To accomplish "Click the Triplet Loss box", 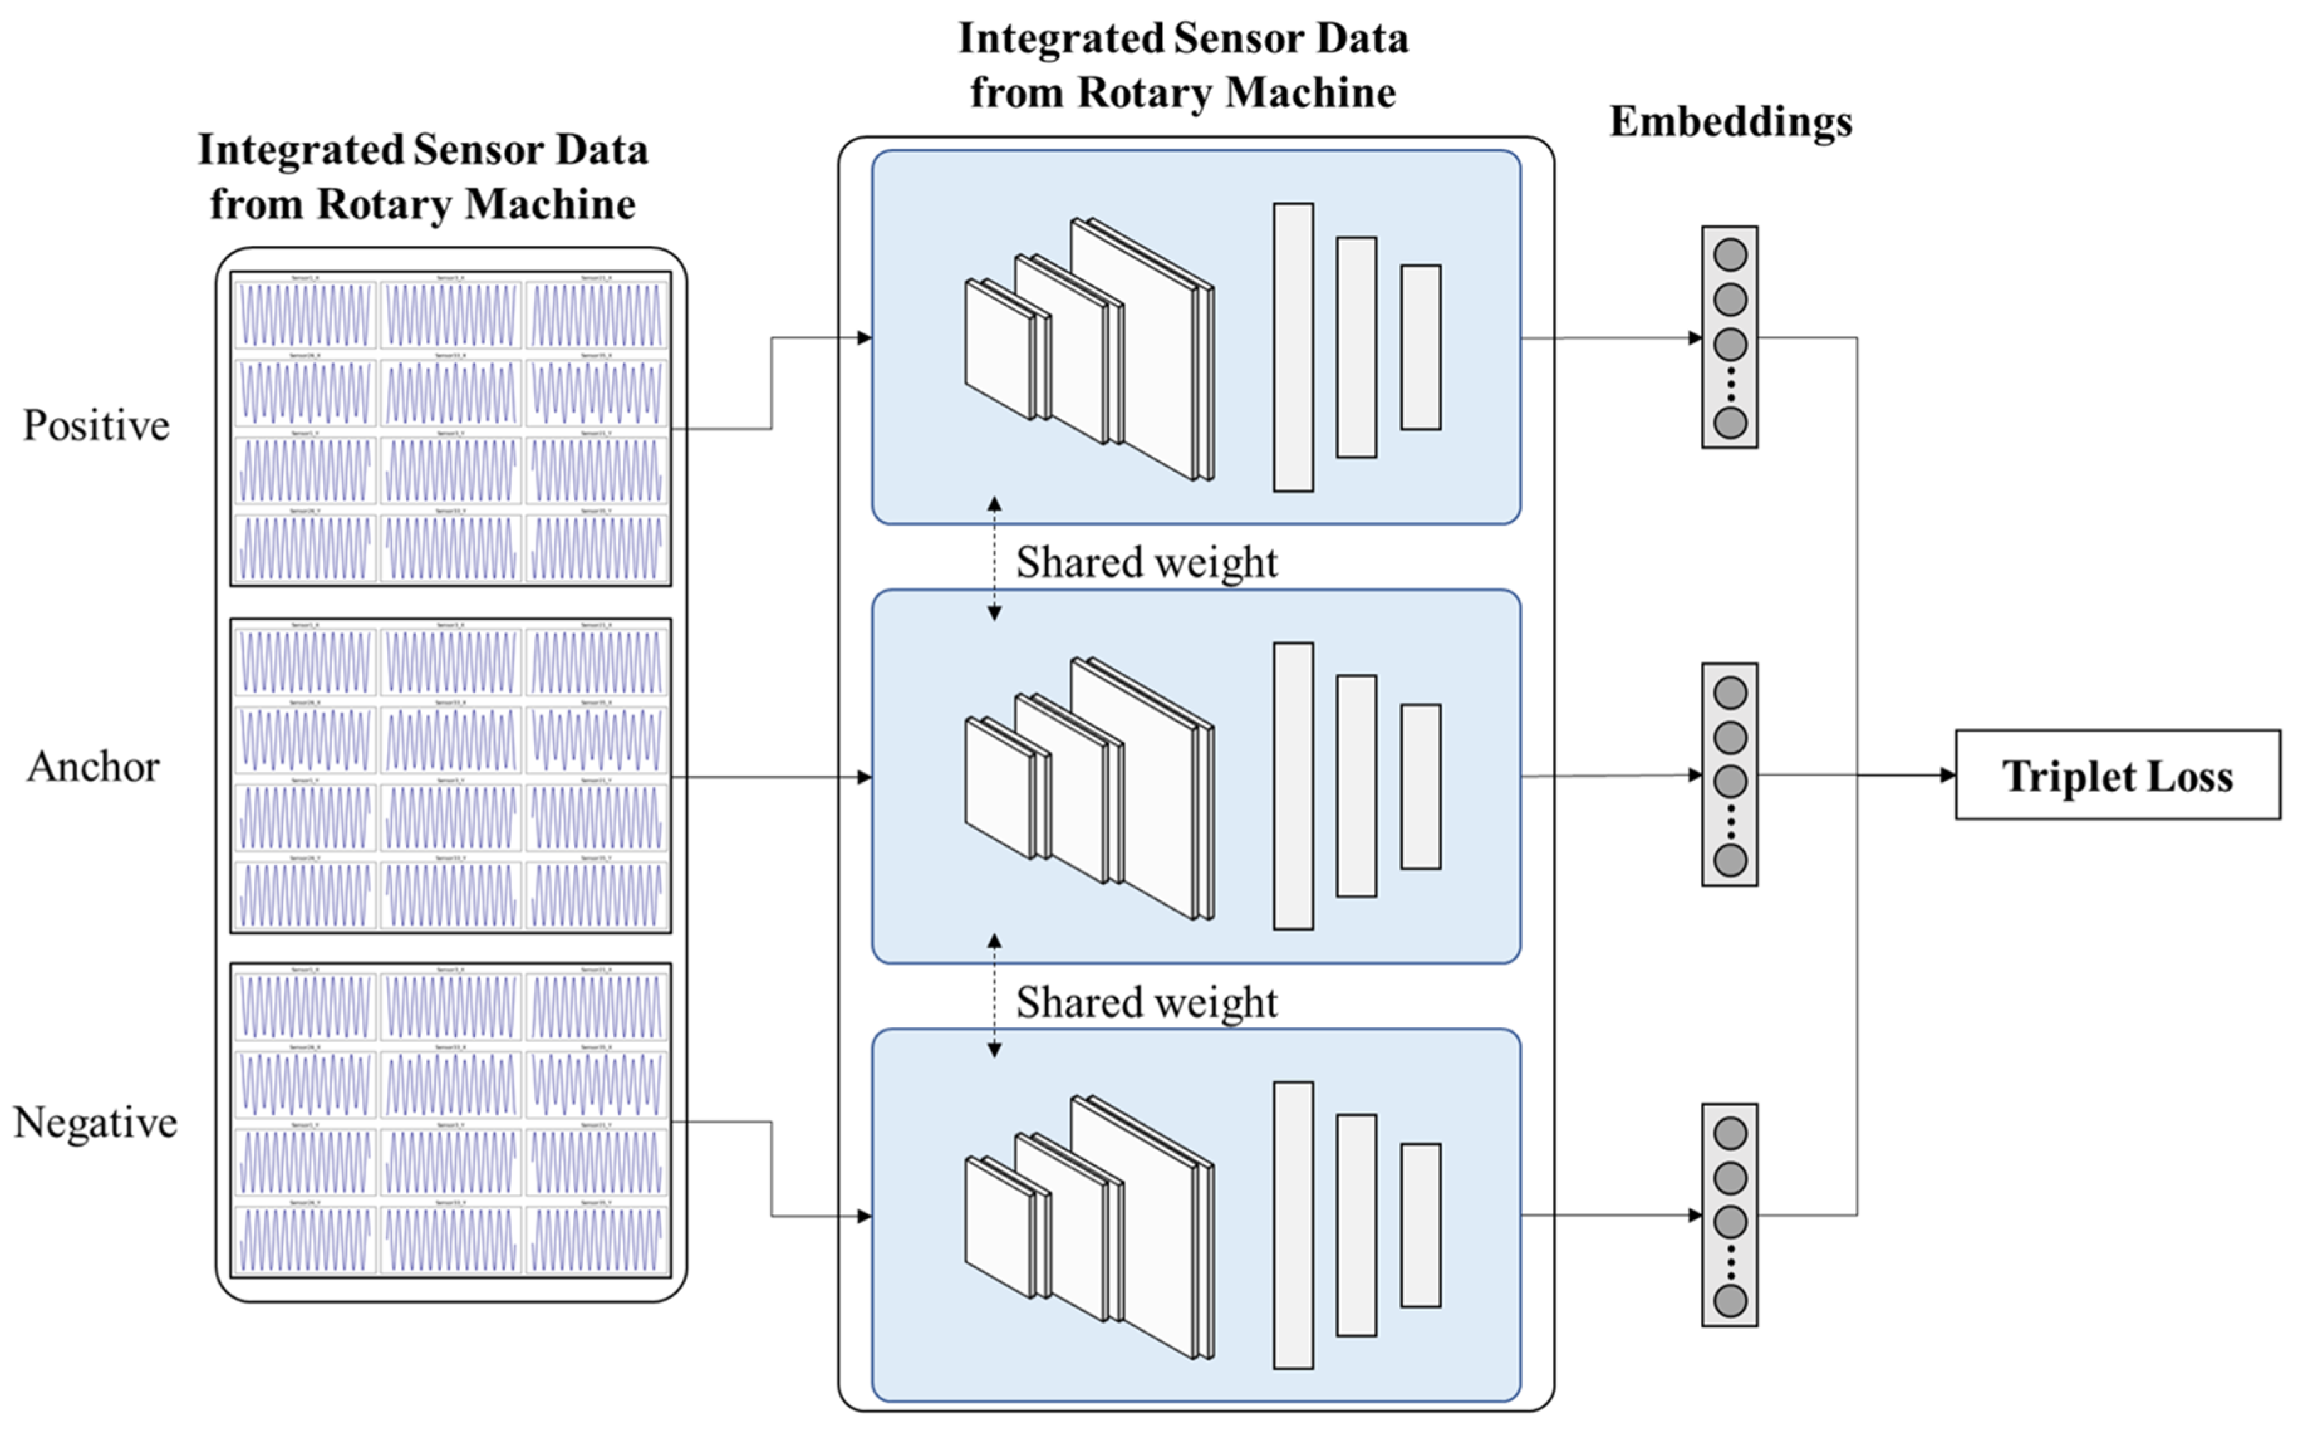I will pyautogui.click(x=2117, y=775).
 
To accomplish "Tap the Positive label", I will pyautogui.click(x=96, y=425).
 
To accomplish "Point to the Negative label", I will pyautogui.click(x=95, y=1122).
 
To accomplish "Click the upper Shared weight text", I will pyautogui.click(x=1146, y=562).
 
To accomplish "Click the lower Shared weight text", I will pyautogui.click(x=1146, y=1002).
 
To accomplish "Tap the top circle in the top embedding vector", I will pyautogui.click(x=1730, y=255).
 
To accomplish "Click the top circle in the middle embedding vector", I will pyautogui.click(x=1730, y=693).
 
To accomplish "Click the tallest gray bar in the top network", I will pyautogui.click(x=1293, y=347).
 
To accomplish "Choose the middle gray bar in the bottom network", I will pyautogui.click(x=1356, y=1225).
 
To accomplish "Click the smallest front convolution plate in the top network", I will pyautogui.click(x=998, y=349).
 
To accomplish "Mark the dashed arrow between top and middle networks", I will pyautogui.click(x=994, y=558).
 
